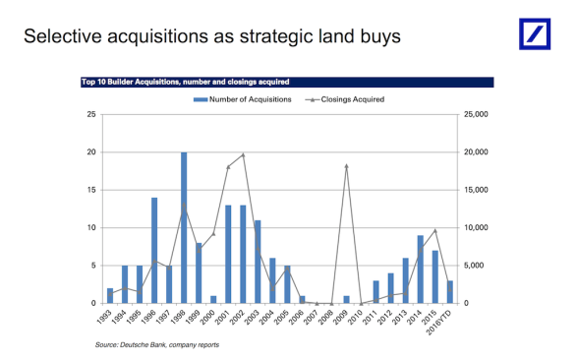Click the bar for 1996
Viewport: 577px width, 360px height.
(154, 250)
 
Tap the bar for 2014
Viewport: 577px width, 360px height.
(421, 269)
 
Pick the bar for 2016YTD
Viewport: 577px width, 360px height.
(450, 292)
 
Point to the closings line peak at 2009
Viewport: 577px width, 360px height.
(346, 166)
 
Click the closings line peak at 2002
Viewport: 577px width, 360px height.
(243, 154)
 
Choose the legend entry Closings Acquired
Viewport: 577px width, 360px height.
(348, 99)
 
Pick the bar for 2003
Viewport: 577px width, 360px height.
(258, 262)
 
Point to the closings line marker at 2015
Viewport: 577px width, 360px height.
(435, 230)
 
